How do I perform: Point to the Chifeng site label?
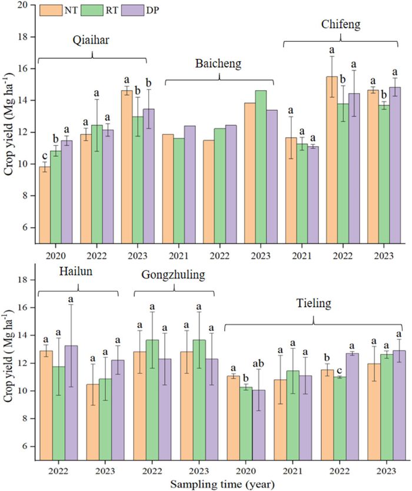341,25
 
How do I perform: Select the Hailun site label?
78,271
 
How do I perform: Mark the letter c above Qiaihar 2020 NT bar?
44,155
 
